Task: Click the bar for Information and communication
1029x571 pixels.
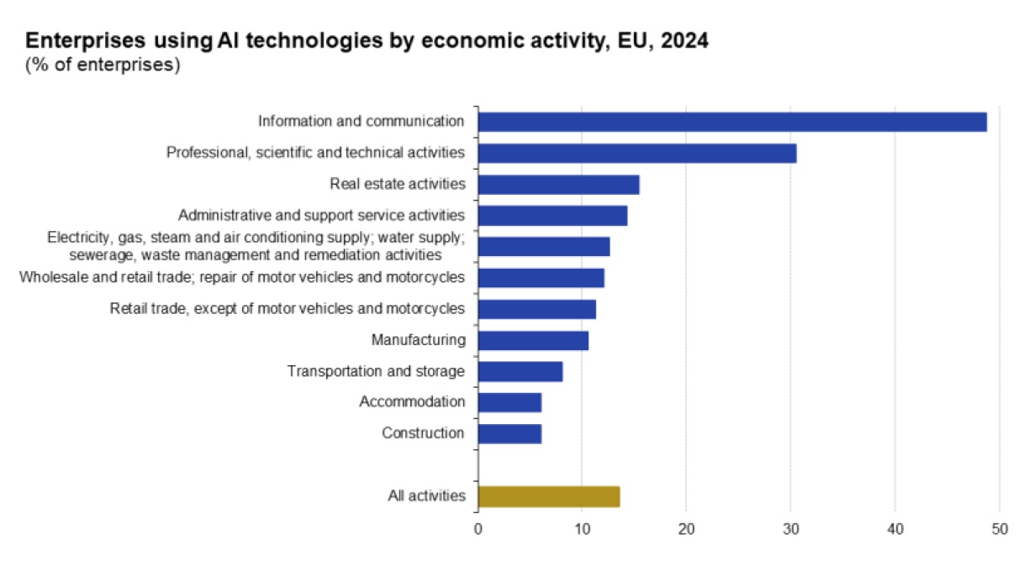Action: (x=731, y=122)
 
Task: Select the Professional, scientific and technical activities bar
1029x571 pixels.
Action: (x=636, y=153)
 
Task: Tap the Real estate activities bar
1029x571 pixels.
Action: (x=558, y=184)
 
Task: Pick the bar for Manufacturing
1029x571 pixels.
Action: (x=533, y=340)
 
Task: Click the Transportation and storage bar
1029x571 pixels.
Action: (x=520, y=371)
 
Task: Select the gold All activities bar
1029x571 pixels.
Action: (x=548, y=496)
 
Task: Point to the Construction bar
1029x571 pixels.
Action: (x=509, y=433)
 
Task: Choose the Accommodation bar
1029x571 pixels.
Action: (x=509, y=402)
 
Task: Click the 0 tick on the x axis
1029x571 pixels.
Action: (x=478, y=529)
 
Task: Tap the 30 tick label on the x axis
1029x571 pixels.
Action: (x=790, y=529)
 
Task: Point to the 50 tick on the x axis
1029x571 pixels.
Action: (x=999, y=529)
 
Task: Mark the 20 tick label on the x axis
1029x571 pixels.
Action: (x=686, y=529)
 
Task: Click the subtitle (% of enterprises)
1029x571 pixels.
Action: (x=103, y=65)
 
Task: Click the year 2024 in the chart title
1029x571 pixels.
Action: (x=684, y=41)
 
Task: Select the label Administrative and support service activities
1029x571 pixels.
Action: (x=321, y=215)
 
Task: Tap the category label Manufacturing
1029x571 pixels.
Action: (x=418, y=340)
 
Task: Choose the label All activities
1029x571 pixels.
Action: (x=426, y=496)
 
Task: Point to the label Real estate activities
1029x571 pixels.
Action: (x=397, y=184)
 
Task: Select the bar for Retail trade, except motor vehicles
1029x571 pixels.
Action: (x=536, y=309)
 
